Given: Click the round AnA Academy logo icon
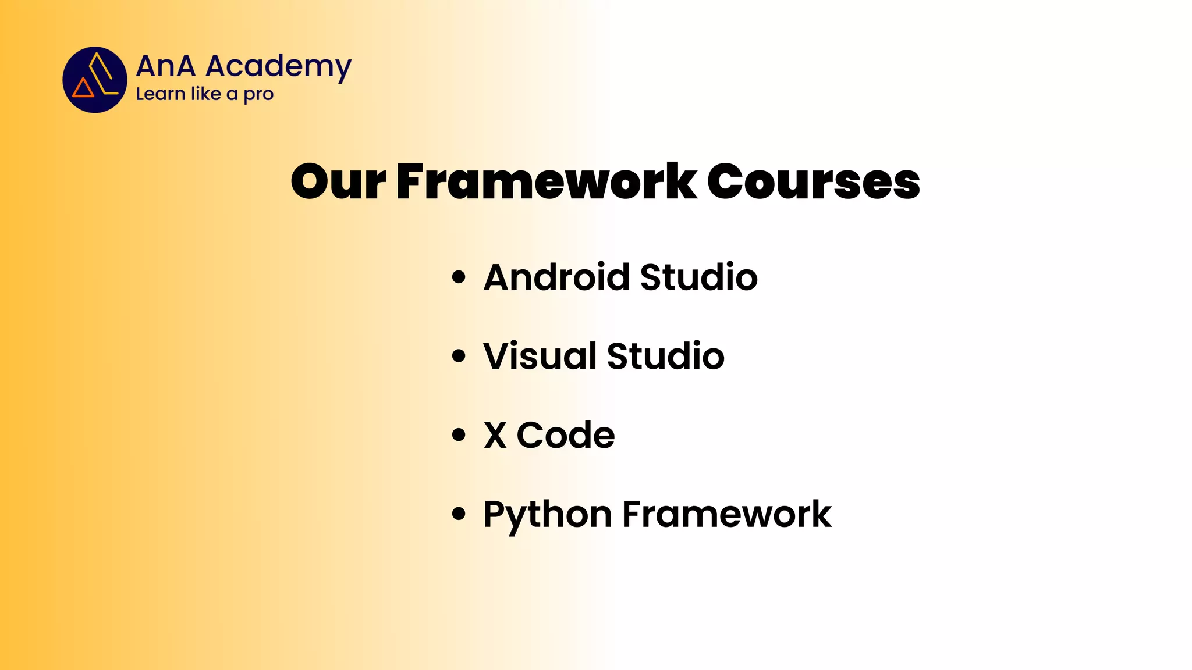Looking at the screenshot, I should pos(95,80).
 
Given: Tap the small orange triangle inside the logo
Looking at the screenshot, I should pos(83,88).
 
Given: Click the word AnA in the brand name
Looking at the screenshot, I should pos(166,66).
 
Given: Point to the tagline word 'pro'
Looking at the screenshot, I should pos(258,95).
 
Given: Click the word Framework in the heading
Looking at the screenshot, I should pos(547,181).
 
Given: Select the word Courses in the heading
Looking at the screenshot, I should pos(814,181).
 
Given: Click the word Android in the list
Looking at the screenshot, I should pos(556,277).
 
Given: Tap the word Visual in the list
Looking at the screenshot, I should pos(540,356).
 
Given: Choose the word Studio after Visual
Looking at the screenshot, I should pos(666,356).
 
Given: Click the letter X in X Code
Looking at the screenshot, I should pos(495,435).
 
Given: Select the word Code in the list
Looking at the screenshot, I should pos(566,435).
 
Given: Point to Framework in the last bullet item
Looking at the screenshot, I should pos(727,514).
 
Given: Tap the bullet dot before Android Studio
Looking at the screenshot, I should pos(459,277).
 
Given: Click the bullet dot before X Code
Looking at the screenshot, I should pos(459,435).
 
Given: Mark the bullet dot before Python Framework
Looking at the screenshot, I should pos(459,514).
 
